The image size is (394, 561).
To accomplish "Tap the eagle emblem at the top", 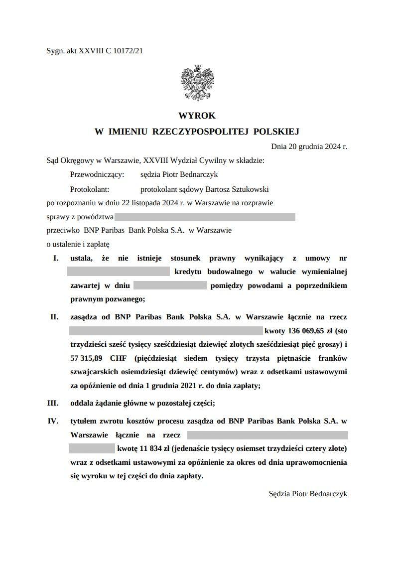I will [x=197, y=83].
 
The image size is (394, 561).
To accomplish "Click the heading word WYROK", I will [x=197, y=116].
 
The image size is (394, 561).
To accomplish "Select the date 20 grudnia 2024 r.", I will [x=314, y=147].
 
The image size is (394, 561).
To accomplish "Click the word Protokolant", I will [x=90, y=189].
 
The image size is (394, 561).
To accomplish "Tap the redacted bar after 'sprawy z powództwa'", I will [x=205, y=217].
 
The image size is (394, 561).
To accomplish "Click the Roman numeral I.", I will [x=56, y=258].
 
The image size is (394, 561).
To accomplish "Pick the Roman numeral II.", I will [x=54, y=317].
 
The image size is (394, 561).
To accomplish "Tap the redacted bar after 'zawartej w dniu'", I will [x=170, y=285].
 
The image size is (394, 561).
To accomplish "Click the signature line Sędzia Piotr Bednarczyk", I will [x=308, y=494].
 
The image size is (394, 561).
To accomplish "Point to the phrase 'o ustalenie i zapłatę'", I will [x=78, y=244].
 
